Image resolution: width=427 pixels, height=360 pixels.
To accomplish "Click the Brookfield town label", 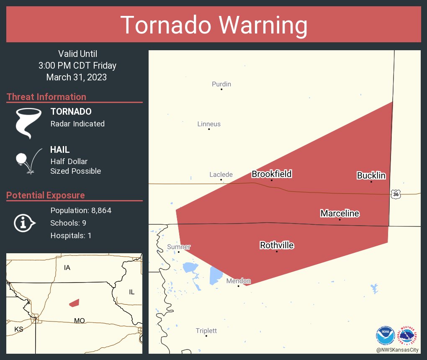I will pyautogui.click(x=271, y=174).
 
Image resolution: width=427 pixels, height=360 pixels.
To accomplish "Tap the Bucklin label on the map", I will pyautogui.click(x=371, y=175).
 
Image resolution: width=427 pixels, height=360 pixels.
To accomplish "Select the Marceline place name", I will pyautogui.click(x=340, y=213).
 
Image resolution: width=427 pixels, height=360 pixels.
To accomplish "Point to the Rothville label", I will pyautogui.click(x=277, y=245).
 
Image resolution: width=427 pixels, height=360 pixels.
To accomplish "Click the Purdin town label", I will pyautogui.click(x=221, y=84).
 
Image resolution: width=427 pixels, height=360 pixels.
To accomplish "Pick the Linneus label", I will pyautogui.click(x=209, y=124).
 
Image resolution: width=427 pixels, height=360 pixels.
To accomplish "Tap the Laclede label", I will pyautogui.click(x=221, y=175).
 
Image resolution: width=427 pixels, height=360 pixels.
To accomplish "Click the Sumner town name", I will pyautogui.click(x=179, y=247).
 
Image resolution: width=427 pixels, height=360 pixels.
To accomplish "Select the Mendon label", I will pyautogui.click(x=238, y=281).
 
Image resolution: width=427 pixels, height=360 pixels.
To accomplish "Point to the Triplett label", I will pyautogui.click(x=206, y=331).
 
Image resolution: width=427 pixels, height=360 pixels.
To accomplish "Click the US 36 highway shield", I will pyautogui.click(x=396, y=194).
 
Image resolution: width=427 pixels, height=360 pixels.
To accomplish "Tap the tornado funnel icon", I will pyautogui.click(x=28, y=123).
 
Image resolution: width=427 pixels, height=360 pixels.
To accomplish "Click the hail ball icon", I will pyautogui.click(x=21, y=159).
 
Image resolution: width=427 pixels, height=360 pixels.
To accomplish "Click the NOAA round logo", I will pyautogui.click(x=385, y=335).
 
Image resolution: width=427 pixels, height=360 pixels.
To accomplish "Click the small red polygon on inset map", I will pyautogui.click(x=75, y=302).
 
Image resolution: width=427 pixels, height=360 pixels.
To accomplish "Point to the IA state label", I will pyautogui.click(x=67, y=267).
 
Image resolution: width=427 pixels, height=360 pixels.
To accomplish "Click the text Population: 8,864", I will pyautogui.click(x=81, y=211).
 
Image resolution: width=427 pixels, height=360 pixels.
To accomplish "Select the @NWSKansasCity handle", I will pyautogui.click(x=397, y=350).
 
